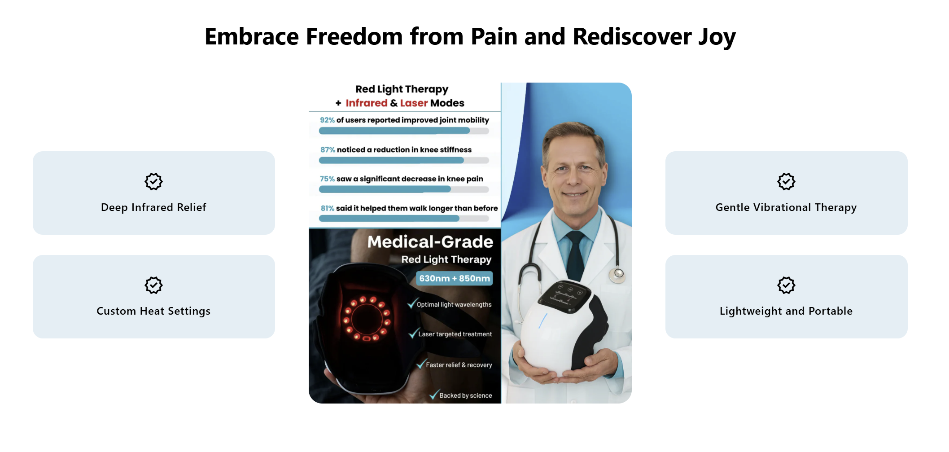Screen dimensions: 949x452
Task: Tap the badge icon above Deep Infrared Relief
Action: coord(153,181)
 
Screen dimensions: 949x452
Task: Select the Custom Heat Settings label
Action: coord(153,311)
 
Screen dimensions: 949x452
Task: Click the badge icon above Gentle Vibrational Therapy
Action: coord(786,181)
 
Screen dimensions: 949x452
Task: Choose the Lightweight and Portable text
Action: coord(786,311)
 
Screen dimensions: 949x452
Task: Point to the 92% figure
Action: coord(327,120)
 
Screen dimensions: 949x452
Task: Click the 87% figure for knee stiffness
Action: coord(328,150)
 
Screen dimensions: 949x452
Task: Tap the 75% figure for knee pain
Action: coord(327,179)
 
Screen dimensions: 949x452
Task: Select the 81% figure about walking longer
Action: coord(328,208)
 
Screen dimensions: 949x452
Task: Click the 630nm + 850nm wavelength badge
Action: coord(454,278)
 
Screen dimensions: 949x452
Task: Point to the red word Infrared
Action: coord(367,103)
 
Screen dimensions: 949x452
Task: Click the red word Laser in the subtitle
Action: coord(414,103)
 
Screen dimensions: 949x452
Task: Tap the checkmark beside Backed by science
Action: coord(434,395)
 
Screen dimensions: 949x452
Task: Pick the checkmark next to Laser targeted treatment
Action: coord(413,333)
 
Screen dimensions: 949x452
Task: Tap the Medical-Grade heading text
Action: coord(430,242)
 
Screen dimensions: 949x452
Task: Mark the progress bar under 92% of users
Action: coord(404,131)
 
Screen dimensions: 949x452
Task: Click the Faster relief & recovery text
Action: coord(459,365)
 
